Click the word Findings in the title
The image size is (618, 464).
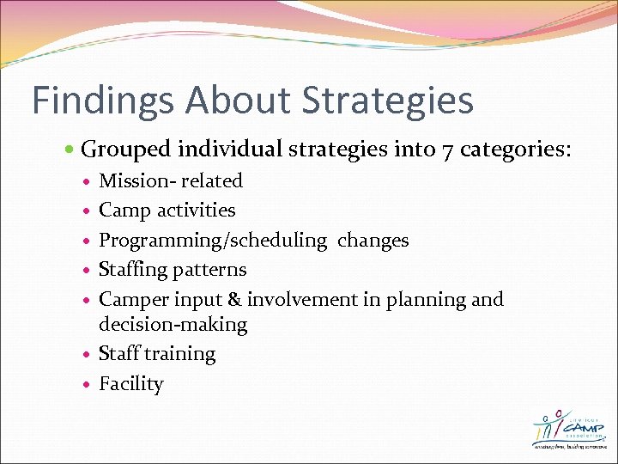coord(102,100)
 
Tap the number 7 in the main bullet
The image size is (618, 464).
coord(445,151)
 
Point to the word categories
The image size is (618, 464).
coord(515,151)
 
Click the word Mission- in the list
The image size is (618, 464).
coord(136,180)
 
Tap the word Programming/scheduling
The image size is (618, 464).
coord(213,241)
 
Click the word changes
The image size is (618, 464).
coord(373,240)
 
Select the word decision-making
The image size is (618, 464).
coord(173,325)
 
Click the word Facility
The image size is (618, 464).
coord(130,384)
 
